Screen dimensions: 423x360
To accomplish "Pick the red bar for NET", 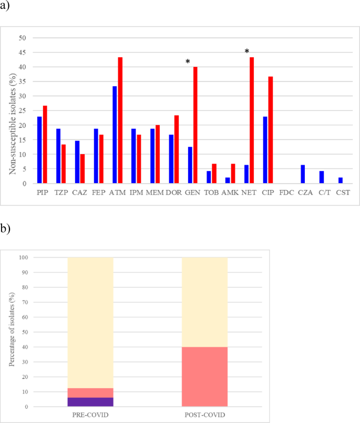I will click(x=252, y=120).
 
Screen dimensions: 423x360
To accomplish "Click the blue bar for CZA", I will click(x=303, y=174).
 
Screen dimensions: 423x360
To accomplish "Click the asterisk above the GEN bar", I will click(x=188, y=62).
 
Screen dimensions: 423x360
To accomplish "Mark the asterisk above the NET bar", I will click(x=246, y=52).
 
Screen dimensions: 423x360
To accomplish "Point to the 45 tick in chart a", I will click(x=22, y=52).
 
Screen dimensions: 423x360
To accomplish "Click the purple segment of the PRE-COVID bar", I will click(x=90, y=402).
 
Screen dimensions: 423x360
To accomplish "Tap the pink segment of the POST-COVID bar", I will click(x=204, y=377).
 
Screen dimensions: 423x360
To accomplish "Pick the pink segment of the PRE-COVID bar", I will click(x=90, y=392).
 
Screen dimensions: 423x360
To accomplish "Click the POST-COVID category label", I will click(x=204, y=416).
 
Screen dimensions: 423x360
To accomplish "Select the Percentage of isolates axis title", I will click(x=11, y=332).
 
